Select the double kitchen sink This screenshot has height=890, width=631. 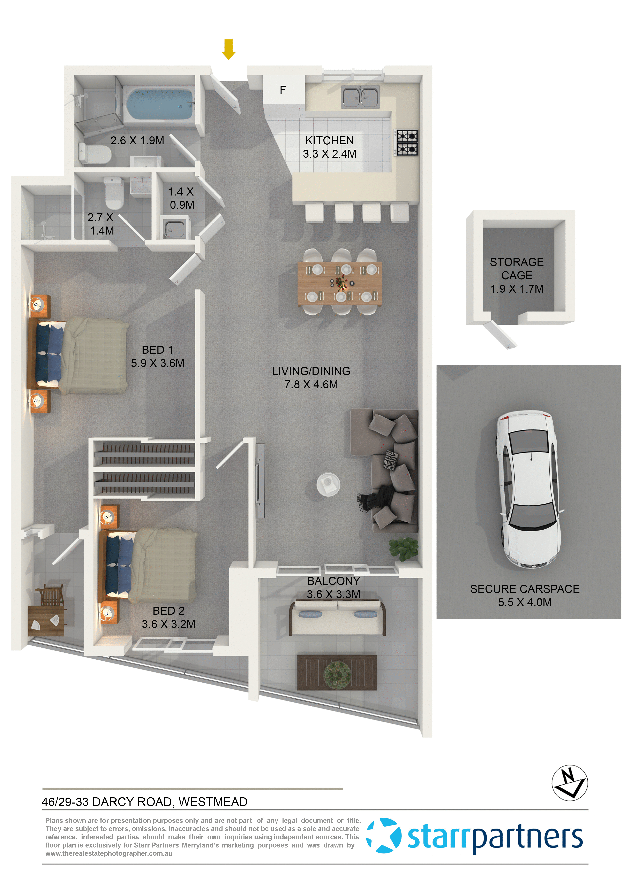tap(360, 97)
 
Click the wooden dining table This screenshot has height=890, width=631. tap(340, 283)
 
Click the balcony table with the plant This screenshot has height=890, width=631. tap(337, 673)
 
